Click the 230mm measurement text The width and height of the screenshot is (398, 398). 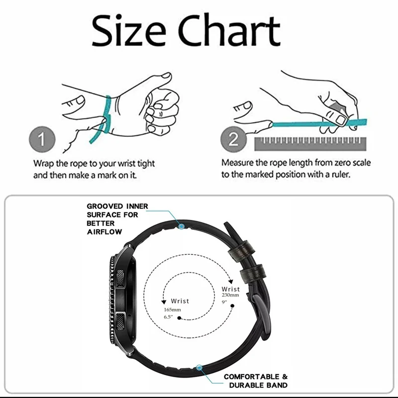point(230,295)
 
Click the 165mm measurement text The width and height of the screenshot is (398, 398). point(173,309)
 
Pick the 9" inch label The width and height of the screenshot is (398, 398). point(225,301)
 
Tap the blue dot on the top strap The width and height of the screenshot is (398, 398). point(182,226)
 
